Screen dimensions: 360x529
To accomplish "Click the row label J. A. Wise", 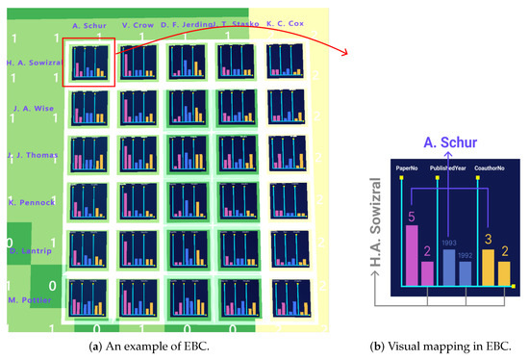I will click(x=32, y=109).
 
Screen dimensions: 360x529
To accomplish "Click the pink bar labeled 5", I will click(x=411, y=255).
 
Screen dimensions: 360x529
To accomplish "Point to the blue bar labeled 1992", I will click(x=466, y=272).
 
